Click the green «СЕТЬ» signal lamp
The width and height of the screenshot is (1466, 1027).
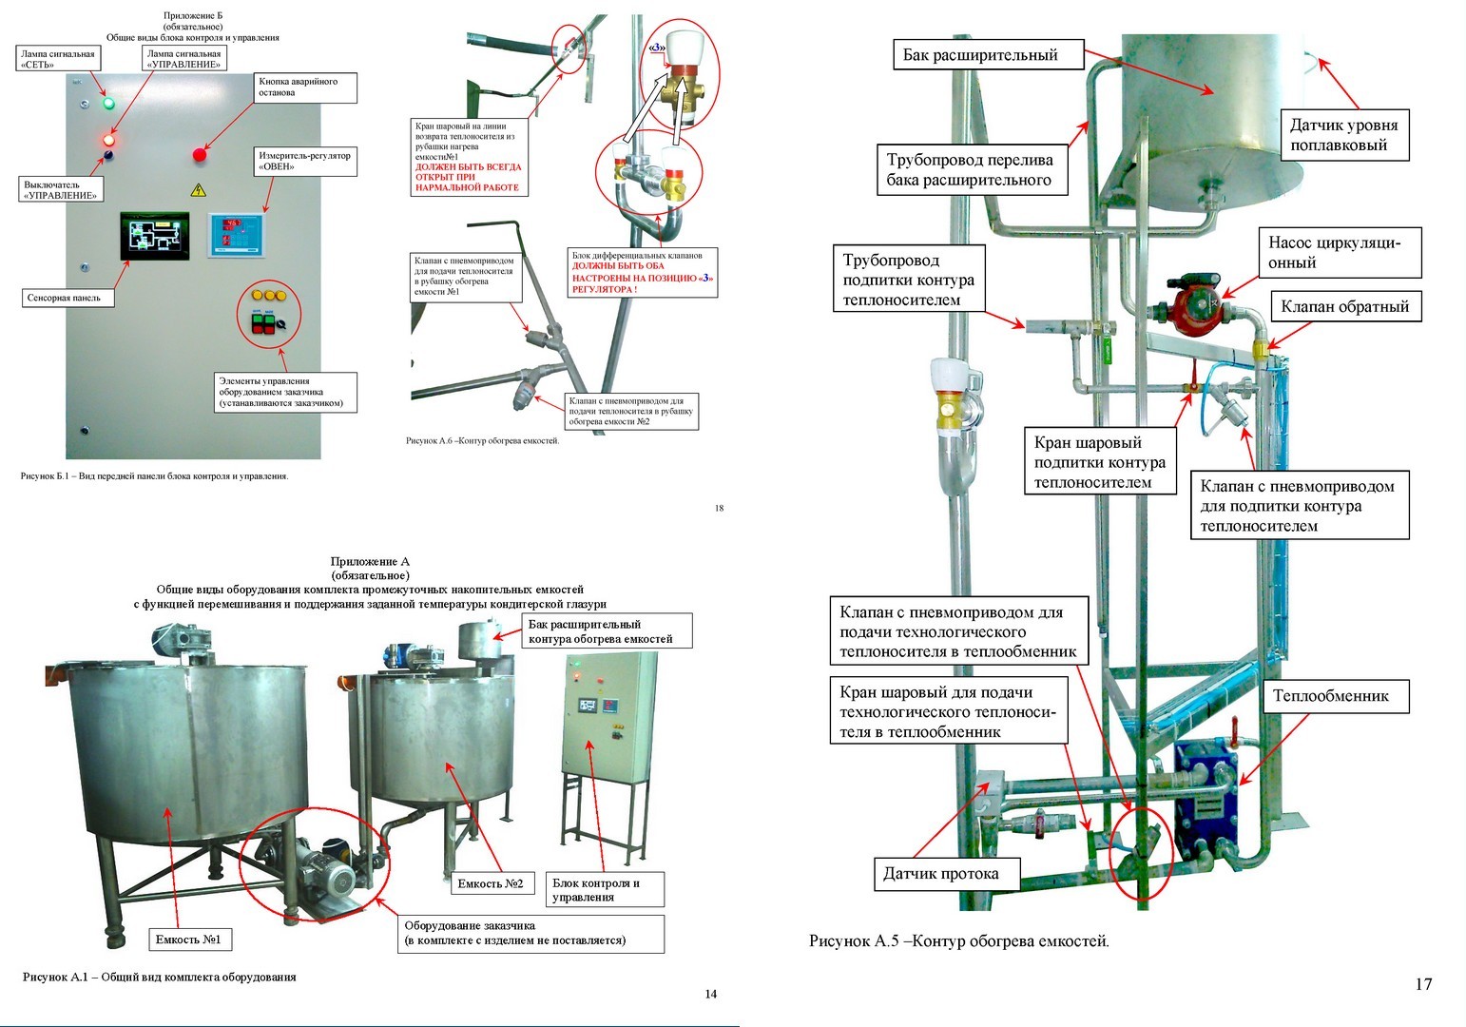[107, 103]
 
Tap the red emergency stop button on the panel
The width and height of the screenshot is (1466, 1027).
[200, 154]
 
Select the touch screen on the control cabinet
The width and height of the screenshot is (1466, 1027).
[154, 236]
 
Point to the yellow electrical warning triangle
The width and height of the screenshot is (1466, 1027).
[199, 189]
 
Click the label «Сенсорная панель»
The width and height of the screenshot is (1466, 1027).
[65, 298]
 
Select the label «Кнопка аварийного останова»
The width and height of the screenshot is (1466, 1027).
[304, 87]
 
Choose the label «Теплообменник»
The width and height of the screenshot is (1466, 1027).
[1330, 696]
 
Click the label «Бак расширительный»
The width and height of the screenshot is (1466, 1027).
[979, 55]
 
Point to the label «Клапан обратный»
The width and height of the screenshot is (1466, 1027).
[1344, 306]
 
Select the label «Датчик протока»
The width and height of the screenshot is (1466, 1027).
[940, 873]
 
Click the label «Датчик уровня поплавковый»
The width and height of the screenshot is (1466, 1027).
[1343, 135]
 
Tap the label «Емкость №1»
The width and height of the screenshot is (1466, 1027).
[188, 940]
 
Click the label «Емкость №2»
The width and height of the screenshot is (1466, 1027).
[491, 883]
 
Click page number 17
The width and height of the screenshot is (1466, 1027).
[1422, 984]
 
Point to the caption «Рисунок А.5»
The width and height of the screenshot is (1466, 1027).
[958, 941]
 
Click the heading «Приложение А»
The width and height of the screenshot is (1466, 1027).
[370, 562]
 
